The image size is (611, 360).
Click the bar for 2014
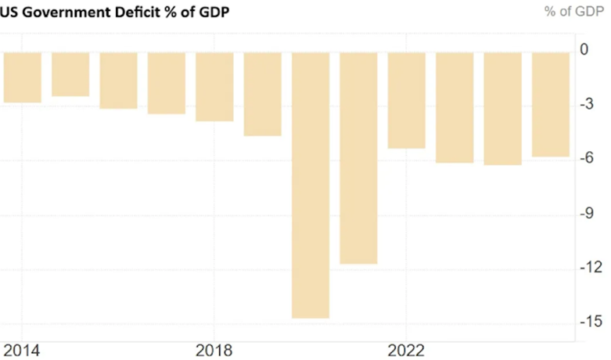tap(22, 77)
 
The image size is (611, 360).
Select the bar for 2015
tap(70, 74)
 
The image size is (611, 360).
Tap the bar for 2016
tap(118, 81)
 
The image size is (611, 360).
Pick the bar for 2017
tap(166, 83)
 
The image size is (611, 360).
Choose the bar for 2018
tap(214, 87)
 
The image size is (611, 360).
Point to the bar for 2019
tap(262, 94)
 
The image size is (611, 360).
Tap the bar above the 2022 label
tap(406, 100)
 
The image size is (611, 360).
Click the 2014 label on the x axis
tap(22, 350)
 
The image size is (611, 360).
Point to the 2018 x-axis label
tap(214, 350)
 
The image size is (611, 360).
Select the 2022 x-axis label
tap(406, 350)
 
